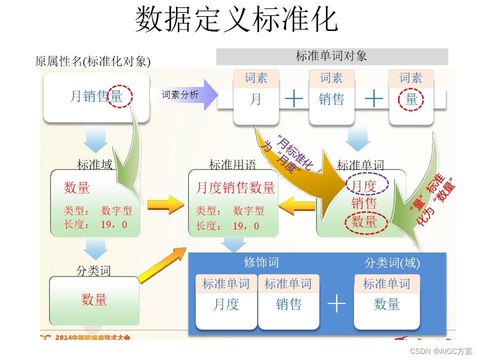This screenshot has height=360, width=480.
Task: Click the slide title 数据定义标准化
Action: pos(236,19)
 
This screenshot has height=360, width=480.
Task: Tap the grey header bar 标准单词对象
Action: pos(331,56)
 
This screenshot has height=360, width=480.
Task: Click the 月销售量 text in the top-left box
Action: pos(95,96)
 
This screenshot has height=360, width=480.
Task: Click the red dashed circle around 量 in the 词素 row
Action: pos(411,99)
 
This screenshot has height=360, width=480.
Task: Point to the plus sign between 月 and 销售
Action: pos(294,99)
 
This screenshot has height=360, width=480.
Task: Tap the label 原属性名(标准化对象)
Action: pos(93,61)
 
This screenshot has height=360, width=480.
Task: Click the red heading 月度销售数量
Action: pos(235,188)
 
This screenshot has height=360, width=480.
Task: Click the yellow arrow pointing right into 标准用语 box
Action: pos(165,204)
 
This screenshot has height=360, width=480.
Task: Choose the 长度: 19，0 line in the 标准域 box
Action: pos(95,225)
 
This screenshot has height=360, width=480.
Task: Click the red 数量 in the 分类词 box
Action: pos(94,299)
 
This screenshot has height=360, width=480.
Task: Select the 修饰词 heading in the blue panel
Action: pos(261,262)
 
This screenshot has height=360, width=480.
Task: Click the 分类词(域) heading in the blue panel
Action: pos(392,262)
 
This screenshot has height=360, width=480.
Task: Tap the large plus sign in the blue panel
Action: pos(336,303)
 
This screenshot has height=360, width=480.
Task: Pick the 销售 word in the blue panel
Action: pos(289,304)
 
